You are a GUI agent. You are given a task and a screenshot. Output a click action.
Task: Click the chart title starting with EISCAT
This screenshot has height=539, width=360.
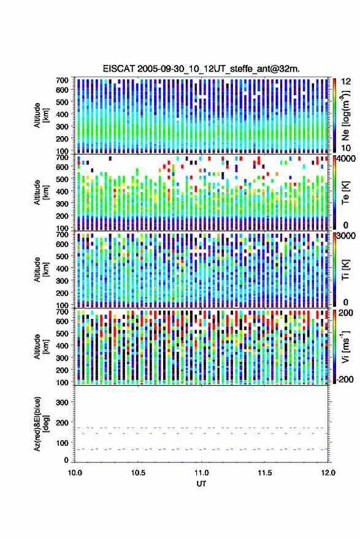tap(201, 69)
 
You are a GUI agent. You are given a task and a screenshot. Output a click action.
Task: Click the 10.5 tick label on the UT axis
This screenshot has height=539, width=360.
tap(138, 473)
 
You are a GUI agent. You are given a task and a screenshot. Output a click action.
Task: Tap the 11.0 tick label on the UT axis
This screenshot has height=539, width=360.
tap(202, 473)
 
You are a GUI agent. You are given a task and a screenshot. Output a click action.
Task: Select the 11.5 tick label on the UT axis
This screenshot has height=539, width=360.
tap(265, 473)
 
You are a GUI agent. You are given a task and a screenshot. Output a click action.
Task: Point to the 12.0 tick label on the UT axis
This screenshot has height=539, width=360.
tap(328, 473)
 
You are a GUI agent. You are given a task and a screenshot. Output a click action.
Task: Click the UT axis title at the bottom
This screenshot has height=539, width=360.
tap(201, 484)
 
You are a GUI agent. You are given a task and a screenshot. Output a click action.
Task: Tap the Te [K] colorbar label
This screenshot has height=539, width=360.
tap(345, 193)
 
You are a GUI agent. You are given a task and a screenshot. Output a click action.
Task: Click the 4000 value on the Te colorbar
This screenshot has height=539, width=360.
tap(345, 159)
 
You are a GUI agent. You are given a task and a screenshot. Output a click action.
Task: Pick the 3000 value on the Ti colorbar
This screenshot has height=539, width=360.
tap(345, 236)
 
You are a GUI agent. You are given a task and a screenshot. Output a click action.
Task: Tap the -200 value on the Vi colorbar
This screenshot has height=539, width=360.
tap(344, 380)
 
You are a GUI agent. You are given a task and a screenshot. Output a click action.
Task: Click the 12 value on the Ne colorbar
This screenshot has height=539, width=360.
tap(346, 82)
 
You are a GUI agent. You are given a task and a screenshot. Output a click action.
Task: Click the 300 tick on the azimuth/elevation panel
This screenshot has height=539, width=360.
tap(62, 402)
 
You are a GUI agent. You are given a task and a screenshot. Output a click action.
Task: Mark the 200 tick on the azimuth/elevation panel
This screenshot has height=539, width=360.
tap(62, 422)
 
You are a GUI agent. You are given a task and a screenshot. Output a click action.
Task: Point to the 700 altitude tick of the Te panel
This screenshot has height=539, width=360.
tap(62, 157)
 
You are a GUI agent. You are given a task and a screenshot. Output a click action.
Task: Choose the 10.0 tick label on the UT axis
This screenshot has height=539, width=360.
tap(75, 473)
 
